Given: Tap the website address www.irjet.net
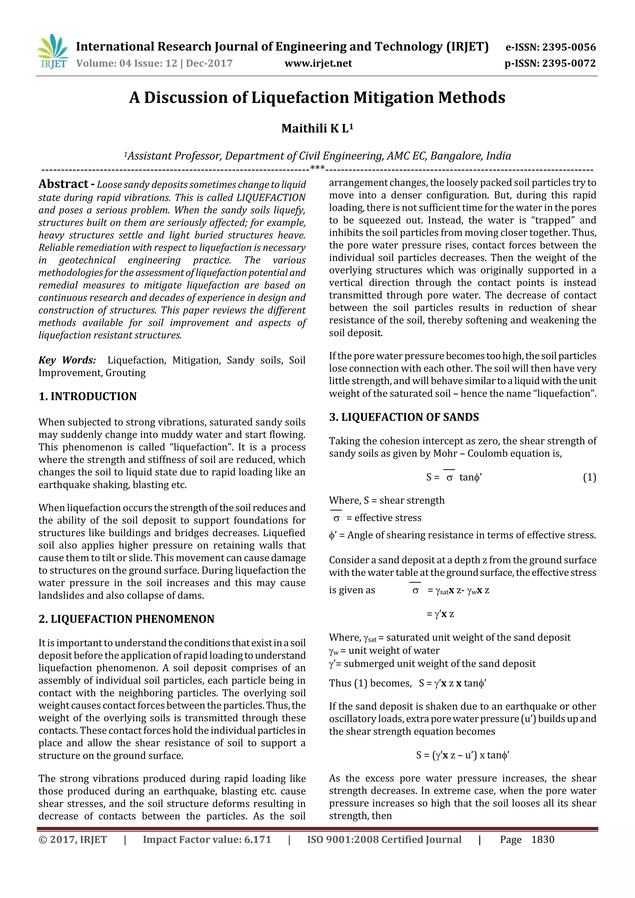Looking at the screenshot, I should click(x=318, y=63).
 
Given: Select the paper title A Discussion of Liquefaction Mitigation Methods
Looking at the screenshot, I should click(x=317, y=97).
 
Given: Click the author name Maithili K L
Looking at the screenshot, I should click(x=317, y=129).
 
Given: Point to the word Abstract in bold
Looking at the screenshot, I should click(x=63, y=184).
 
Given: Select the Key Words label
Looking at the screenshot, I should click(x=67, y=360).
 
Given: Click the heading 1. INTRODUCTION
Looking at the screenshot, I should click(x=88, y=396).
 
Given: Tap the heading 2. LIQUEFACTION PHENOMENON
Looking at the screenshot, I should click(x=127, y=619).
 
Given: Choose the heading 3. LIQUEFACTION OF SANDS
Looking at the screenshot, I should click(x=404, y=417).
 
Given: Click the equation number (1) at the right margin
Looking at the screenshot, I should click(x=589, y=478).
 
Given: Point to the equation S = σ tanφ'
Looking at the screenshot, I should click(x=454, y=478).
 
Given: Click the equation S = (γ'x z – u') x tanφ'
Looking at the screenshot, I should click(x=463, y=755).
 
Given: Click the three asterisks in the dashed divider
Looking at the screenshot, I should click(x=317, y=168).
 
